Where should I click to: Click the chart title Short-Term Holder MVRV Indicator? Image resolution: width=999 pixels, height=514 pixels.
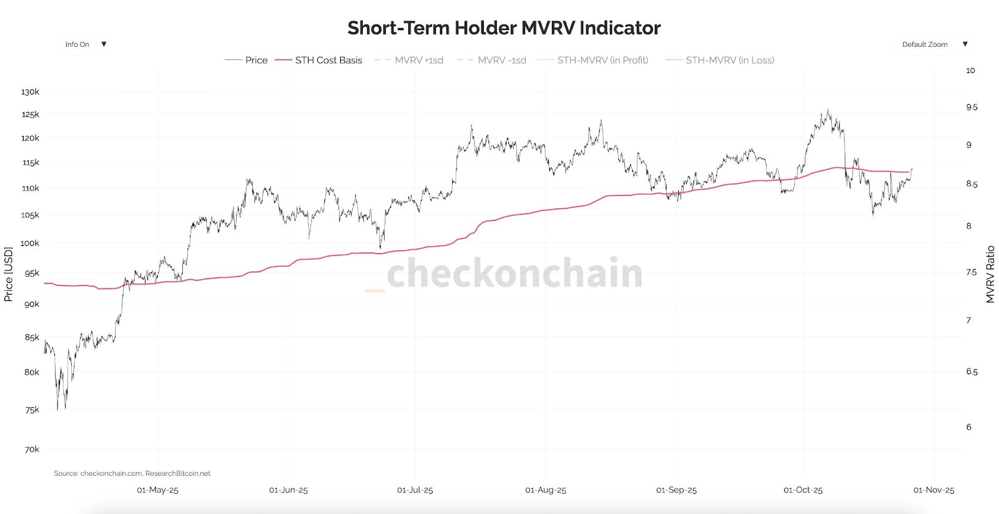pyautogui.click(x=503, y=28)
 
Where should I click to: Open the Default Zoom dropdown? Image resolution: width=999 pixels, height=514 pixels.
pyautogui.click(x=934, y=44)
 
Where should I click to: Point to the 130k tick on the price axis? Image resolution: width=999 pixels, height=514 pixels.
pyautogui.click(x=30, y=92)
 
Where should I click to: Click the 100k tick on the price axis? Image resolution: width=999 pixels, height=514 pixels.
pyautogui.click(x=30, y=243)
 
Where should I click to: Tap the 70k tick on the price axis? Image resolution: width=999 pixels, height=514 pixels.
pyautogui.click(x=32, y=449)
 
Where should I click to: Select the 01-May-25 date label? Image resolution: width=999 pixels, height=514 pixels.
pyautogui.click(x=157, y=490)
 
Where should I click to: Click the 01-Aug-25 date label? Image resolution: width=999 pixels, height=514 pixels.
pyautogui.click(x=546, y=490)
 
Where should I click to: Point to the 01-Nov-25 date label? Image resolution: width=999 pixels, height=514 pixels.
pyautogui.click(x=933, y=490)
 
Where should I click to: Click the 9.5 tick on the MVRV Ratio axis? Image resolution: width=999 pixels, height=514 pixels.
pyautogui.click(x=972, y=107)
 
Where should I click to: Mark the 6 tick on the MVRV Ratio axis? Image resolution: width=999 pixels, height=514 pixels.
pyautogui.click(x=969, y=427)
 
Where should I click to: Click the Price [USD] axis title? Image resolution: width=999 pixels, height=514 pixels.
pyautogui.click(x=9, y=274)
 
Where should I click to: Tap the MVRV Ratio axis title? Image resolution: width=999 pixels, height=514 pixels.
pyautogui.click(x=990, y=274)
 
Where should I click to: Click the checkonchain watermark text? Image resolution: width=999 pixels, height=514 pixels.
pyautogui.click(x=514, y=273)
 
